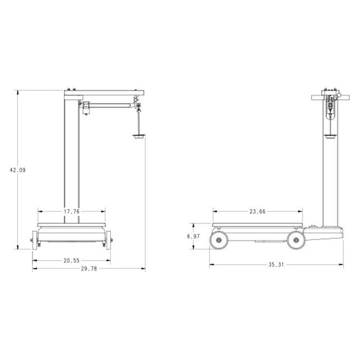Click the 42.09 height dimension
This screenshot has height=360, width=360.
tap(18, 170)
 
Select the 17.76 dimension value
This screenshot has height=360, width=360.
tap(72, 212)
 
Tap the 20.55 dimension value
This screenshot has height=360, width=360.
tap(71, 261)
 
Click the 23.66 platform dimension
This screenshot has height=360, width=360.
tap(258, 212)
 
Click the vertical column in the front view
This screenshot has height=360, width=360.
tap(72, 154)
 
